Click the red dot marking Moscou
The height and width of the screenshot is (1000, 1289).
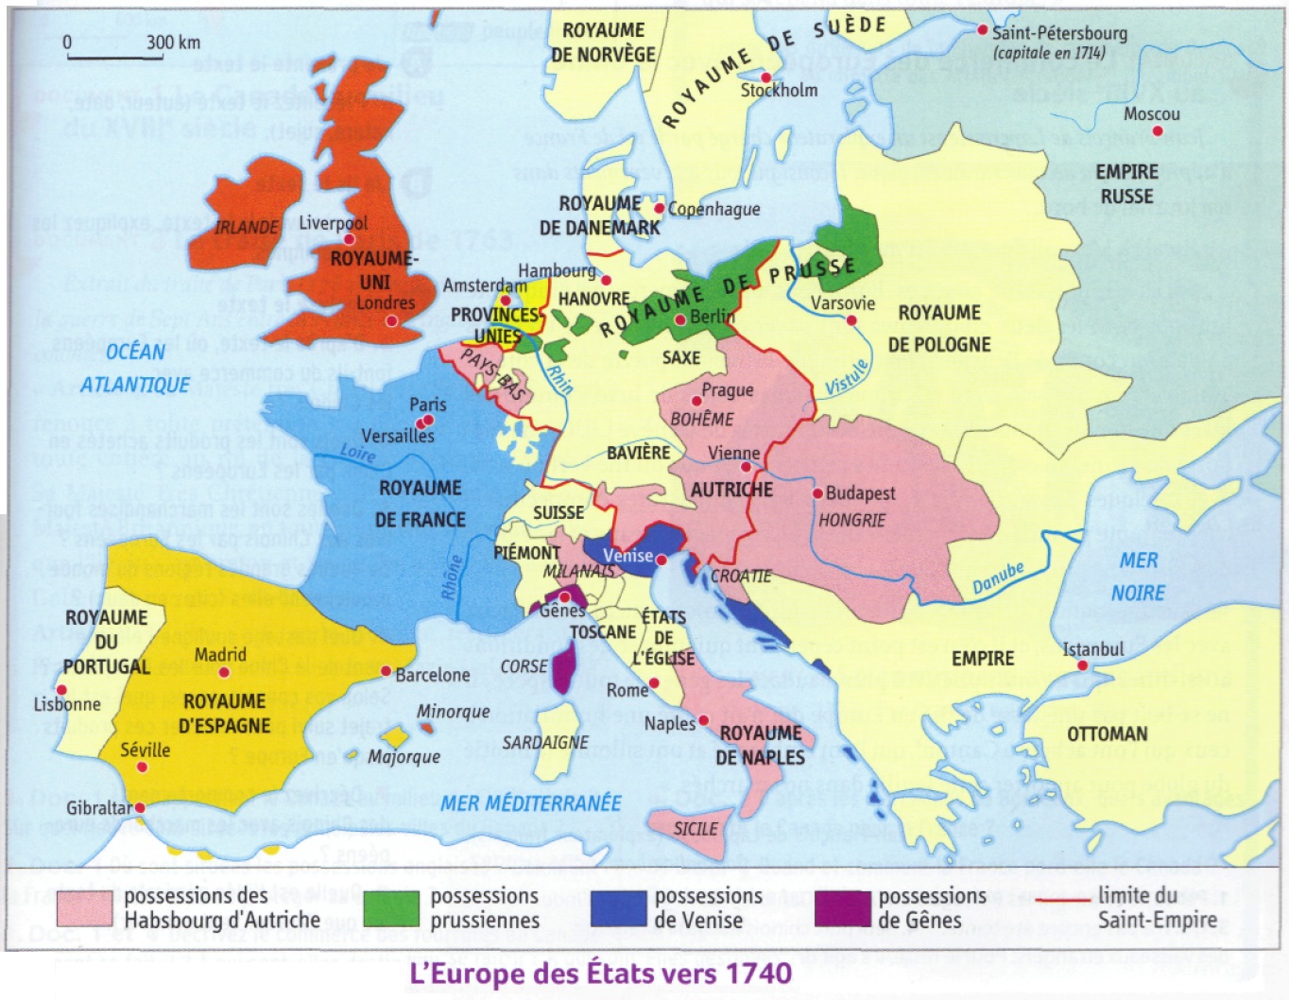(1158, 131)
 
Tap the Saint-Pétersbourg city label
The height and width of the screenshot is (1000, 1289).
(1058, 33)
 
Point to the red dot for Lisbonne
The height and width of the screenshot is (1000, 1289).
(62, 690)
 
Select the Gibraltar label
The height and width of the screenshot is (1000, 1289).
(99, 808)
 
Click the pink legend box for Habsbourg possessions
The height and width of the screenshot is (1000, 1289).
(85, 908)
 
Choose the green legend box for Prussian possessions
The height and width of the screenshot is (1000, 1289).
(391, 908)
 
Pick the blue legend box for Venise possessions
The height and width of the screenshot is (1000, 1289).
(618, 908)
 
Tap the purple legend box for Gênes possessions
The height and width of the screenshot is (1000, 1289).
(842, 908)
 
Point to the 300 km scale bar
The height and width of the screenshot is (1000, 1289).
(114, 58)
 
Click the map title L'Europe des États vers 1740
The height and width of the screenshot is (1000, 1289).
(600, 973)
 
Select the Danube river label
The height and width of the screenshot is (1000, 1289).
(998, 578)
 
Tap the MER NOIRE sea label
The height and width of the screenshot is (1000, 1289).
(1138, 577)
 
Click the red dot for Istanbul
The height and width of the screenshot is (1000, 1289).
(1083, 665)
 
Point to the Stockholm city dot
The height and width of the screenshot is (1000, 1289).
(766, 78)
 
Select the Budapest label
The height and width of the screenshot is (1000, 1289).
(860, 493)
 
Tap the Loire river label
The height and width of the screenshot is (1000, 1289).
(357, 454)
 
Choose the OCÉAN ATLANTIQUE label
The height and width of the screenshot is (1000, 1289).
(135, 368)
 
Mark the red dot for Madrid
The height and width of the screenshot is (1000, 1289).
(224, 673)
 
